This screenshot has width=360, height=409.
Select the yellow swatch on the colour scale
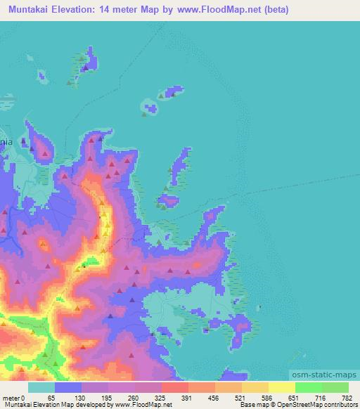click(x=281, y=387)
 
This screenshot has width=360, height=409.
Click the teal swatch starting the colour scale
click(x=41, y=387)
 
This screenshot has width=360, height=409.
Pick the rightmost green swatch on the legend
click(x=335, y=387)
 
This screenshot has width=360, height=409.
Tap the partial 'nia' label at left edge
click(x=6, y=141)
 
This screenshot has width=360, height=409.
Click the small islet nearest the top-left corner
click(x=41, y=74)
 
